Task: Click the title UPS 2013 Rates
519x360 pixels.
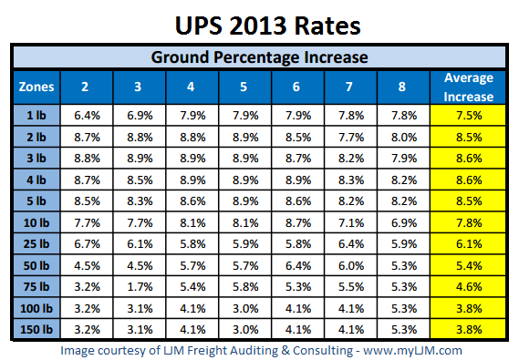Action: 259,22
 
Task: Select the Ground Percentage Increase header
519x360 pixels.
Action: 259,57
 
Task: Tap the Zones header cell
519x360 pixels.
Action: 36,87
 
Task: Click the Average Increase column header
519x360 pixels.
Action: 467,87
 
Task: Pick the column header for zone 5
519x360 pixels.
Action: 243,87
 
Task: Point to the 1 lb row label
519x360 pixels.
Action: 36,115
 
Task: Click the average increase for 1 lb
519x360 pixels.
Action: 467,115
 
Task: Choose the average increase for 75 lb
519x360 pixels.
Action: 467,287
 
